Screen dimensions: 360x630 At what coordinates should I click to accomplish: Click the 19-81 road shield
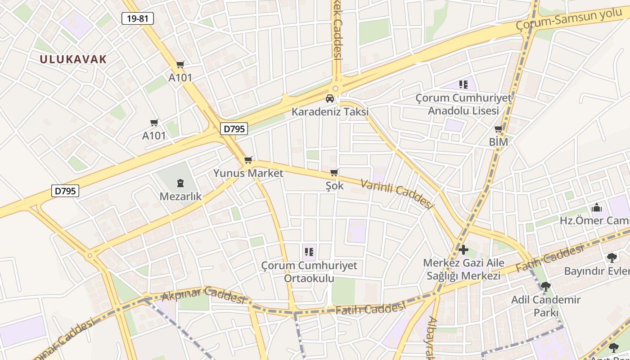138,18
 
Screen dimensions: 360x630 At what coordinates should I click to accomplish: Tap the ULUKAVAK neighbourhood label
73,59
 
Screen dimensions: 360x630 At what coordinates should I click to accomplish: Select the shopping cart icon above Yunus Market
248,160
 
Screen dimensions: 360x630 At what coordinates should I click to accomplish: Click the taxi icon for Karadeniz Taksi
330,99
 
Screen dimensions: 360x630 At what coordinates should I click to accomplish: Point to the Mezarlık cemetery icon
180,183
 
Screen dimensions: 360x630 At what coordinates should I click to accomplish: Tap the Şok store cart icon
334,172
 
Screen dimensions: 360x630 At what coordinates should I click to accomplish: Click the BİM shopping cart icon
499,129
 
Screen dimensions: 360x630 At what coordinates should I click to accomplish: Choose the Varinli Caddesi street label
397,193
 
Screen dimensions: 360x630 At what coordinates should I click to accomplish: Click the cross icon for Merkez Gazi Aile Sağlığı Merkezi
463,249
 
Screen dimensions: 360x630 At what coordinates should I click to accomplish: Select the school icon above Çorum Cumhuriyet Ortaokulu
309,252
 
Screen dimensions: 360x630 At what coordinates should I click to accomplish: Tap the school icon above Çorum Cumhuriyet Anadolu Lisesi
463,84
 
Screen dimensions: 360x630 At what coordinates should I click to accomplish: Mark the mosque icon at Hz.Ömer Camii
597,207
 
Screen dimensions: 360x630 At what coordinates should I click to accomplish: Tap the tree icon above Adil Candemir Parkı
546,286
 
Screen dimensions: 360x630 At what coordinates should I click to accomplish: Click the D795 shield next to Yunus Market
234,129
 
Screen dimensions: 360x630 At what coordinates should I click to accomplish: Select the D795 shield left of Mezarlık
65,191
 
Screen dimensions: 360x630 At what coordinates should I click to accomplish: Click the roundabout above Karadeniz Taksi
335,89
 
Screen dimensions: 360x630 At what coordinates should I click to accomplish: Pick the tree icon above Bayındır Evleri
612,258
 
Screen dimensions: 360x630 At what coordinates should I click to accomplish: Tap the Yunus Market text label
248,173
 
